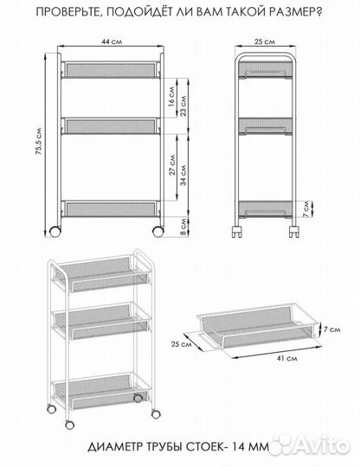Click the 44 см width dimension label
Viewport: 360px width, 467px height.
coord(112,42)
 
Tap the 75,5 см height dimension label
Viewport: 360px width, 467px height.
coord(38,142)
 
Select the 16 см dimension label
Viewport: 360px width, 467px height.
coord(171,96)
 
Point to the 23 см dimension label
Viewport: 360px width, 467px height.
coord(183,106)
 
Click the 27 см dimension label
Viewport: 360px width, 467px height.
coord(172,164)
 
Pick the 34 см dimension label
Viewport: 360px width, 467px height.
coord(183,175)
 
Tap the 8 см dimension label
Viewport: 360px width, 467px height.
coord(183,227)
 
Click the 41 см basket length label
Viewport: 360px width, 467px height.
coord(287,358)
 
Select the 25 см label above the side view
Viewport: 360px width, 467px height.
coord(265,42)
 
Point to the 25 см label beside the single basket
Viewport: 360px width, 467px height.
coord(182,344)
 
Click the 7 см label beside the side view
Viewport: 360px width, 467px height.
coord(307,209)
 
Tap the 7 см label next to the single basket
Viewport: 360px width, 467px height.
coord(332,329)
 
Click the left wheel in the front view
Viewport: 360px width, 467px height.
coord(55,232)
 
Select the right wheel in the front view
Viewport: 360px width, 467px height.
coord(158,232)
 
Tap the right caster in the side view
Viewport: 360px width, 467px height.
coord(294,232)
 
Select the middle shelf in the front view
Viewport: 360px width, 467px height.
coord(111,126)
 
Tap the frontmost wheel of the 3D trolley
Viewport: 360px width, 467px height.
coord(70,425)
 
